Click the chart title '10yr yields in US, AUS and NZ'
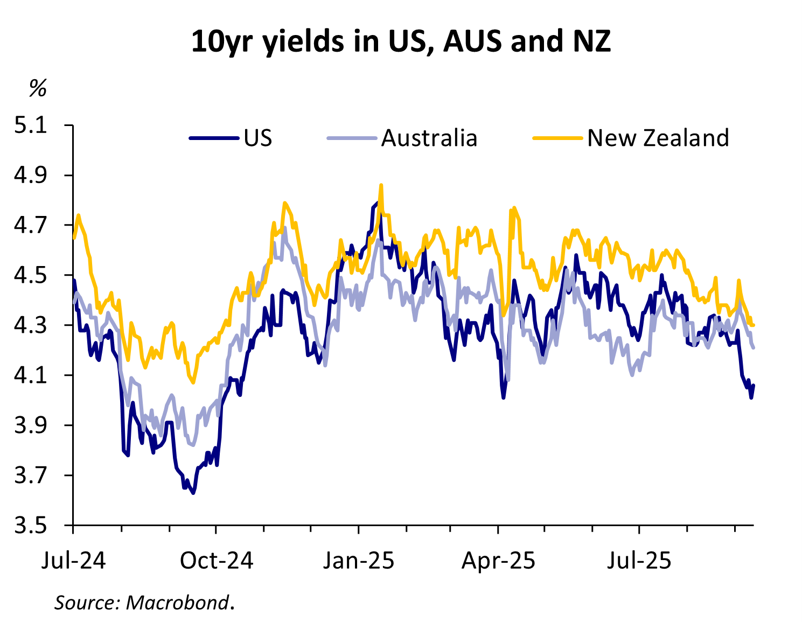(x=401, y=41)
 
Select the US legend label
(x=258, y=138)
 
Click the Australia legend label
(x=429, y=138)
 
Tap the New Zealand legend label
(x=658, y=138)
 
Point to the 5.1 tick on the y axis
(x=31, y=125)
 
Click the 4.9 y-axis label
(x=31, y=176)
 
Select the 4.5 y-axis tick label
(x=31, y=275)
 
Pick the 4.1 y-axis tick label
(x=31, y=375)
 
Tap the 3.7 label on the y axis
(x=31, y=476)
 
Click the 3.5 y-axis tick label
(x=31, y=525)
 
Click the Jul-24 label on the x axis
(x=74, y=561)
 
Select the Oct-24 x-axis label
(x=216, y=561)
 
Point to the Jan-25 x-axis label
(x=358, y=561)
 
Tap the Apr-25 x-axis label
(x=498, y=561)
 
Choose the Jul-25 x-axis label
(x=639, y=561)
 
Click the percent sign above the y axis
(x=38, y=88)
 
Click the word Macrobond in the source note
(x=177, y=602)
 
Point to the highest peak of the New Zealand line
(x=381, y=185)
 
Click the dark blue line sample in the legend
(x=214, y=138)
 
